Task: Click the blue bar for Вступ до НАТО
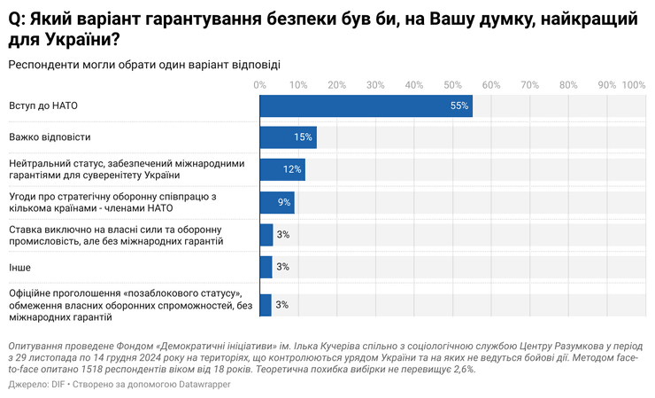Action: [x=366, y=105]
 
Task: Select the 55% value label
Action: [x=458, y=105]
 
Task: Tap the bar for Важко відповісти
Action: [x=288, y=137]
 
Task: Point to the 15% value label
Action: [x=304, y=137]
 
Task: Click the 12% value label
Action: [x=292, y=169]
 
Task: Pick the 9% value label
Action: [x=284, y=202]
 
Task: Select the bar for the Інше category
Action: [x=266, y=266]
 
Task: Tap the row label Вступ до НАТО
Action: [x=43, y=105]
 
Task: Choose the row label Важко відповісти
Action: [x=50, y=137]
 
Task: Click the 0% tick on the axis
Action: [x=259, y=85]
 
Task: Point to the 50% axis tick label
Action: [x=452, y=85]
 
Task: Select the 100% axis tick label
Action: [x=634, y=85]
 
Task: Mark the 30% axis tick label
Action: [x=375, y=85]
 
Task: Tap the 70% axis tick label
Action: [x=529, y=85]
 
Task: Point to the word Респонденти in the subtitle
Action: [x=44, y=64]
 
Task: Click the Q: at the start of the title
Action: [x=18, y=18]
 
